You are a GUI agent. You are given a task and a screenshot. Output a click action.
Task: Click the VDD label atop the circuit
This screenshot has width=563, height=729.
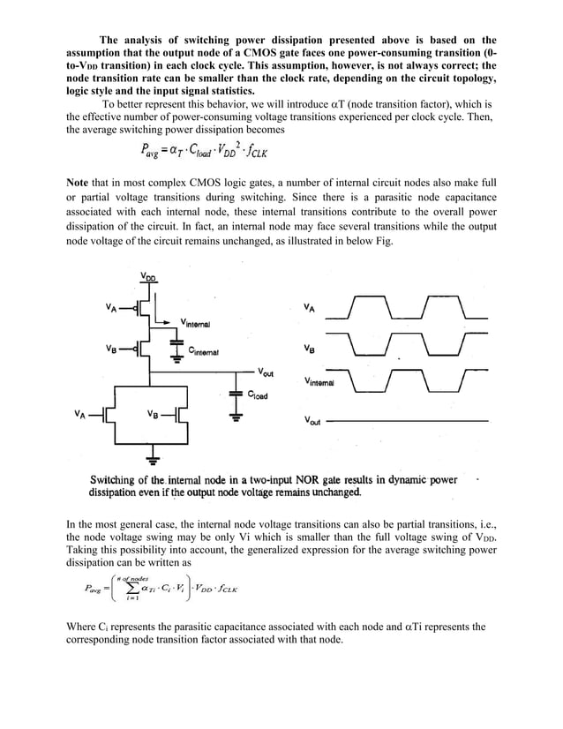coord(147,277)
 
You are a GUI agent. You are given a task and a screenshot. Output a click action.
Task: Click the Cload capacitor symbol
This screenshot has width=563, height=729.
coord(236,393)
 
